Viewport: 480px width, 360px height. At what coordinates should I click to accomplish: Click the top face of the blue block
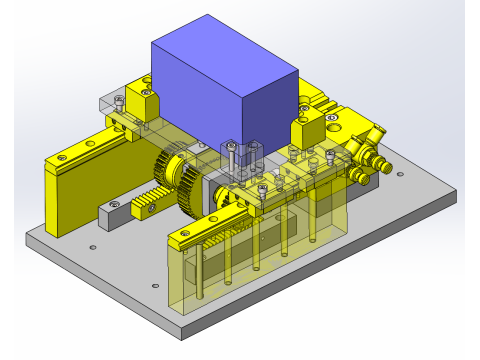222,58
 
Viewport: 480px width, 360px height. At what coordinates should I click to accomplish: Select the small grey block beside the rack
112,214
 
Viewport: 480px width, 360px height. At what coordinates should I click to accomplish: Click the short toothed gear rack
150,200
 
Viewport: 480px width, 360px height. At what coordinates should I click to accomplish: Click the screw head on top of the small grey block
113,205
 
